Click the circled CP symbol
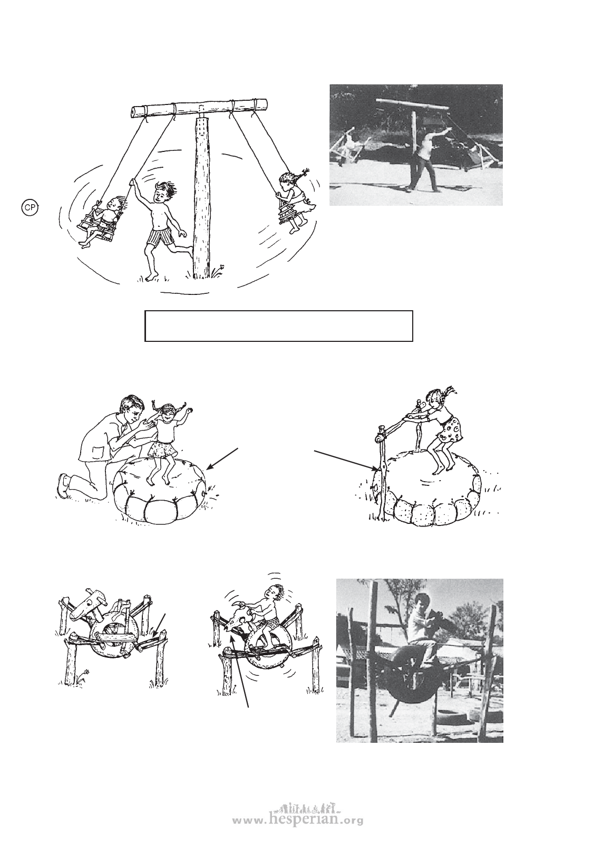coord(31,207)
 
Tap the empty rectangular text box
coord(279,327)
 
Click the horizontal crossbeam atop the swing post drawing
coord(199,107)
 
